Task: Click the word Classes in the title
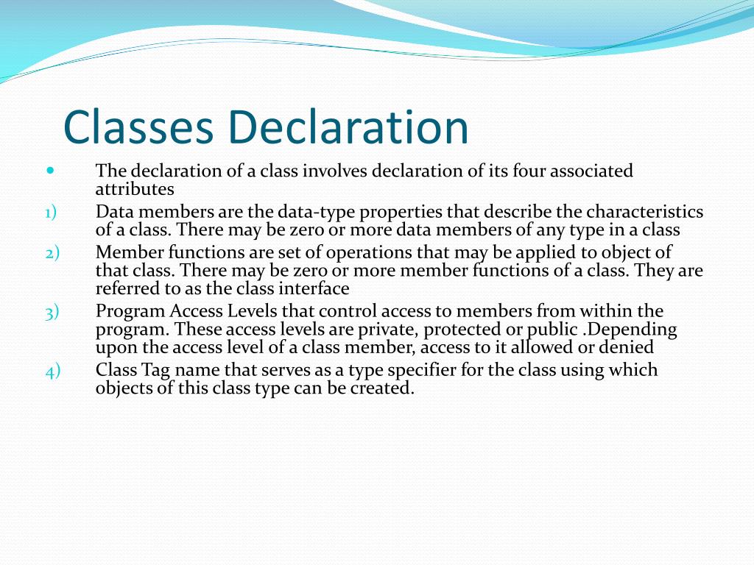pyautogui.click(x=138, y=127)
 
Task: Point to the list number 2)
pyautogui.click(x=51, y=252)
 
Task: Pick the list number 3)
pyautogui.click(x=51, y=311)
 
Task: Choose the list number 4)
pyautogui.click(x=52, y=370)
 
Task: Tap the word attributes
pyautogui.click(x=135, y=189)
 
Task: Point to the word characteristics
pyautogui.click(x=644, y=213)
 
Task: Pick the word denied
pyautogui.click(x=627, y=347)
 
